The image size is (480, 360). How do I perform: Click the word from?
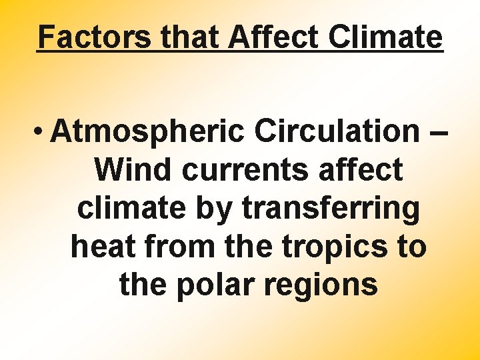click(x=173, y=247)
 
